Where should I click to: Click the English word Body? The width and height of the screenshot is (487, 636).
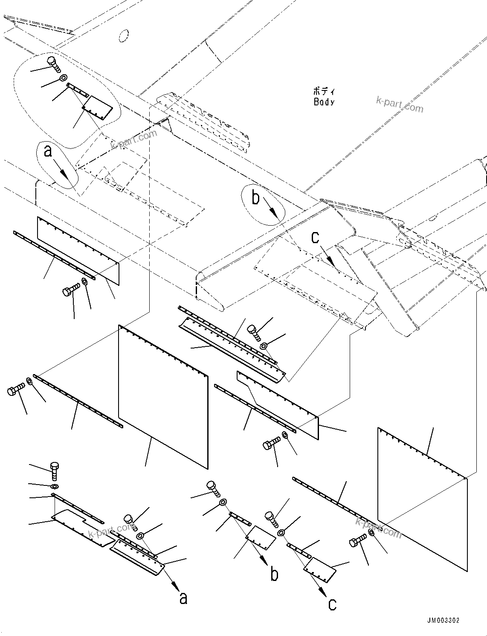pyautogui.click(x=324, y=102)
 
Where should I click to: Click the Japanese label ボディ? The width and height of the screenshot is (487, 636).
pyautogui.click(x=324, y=91)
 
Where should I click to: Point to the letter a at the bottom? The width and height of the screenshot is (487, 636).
pyautogui.click(x=183, y=598)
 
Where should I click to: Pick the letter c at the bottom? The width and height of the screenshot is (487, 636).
pyautogui.click(x=332, y=604)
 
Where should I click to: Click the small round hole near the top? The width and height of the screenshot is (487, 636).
pyautogui.click(x=124, y=36)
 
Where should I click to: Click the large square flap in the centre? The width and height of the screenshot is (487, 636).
pyautogui.click(x=162, y=397)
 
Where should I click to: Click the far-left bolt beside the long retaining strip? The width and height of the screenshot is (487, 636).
pyautogui.click(x=15, y=390)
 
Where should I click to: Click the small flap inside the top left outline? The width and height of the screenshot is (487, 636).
pyautogui.click(x=98, y=107)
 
